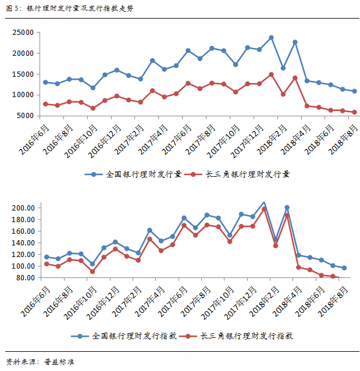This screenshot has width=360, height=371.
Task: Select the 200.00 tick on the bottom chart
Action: click(25, 208)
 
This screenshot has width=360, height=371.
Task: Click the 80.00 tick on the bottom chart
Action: click(27, 277)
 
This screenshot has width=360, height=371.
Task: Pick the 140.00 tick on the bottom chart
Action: click(25, 242)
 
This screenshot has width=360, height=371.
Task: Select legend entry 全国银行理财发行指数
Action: click(136, 336)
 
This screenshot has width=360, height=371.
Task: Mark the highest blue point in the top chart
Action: click(271, 38)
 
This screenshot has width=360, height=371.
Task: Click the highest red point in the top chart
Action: click(271, 74)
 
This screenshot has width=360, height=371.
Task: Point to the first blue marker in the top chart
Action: click(45, 82)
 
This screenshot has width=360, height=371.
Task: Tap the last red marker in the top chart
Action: click(355, 112)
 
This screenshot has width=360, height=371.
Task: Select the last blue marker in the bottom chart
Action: click(344, 268)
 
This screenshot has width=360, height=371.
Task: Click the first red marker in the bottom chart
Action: click(46, 264)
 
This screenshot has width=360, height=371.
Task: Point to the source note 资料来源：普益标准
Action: click(41, 362)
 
